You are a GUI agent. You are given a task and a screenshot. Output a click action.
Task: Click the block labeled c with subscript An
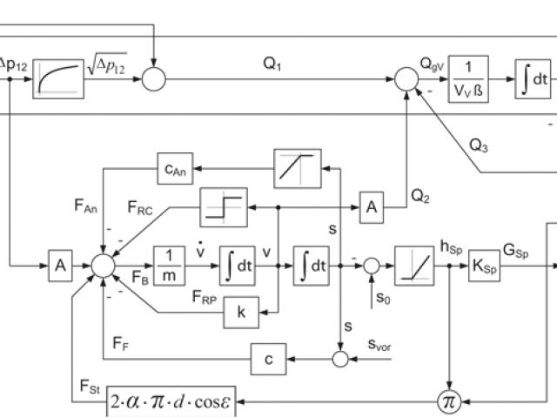[x=175, y=168]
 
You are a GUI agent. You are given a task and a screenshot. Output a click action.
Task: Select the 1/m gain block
[x=169, y=266]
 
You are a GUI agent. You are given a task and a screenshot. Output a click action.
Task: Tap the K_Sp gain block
[x=484, y=266]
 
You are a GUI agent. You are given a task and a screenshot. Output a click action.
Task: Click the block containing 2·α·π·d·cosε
[x=171, y=401]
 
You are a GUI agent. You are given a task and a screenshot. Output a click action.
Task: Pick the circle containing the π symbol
[x=449, y=402]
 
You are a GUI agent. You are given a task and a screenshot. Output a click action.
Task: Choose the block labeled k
[x=241, y=313]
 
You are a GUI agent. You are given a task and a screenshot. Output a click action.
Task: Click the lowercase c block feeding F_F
[x=269, y=359]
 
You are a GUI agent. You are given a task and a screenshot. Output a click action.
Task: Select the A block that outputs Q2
[x=372, y=207]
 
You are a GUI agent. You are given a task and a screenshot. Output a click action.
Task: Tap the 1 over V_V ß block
[x=468, y=79]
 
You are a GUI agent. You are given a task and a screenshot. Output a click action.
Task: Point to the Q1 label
[x=272, y=64]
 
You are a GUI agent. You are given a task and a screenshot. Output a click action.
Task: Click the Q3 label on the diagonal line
[x=479, y=145]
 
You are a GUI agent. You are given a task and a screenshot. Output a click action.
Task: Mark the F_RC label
[x=140, y=207]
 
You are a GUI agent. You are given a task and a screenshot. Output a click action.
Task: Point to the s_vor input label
[x=379, y=345]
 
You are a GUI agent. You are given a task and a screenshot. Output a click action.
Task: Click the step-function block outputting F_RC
[x=224, y=207]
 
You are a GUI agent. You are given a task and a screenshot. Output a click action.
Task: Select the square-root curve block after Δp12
[x=58, y=79]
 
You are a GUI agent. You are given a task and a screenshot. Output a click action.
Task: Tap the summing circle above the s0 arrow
[x=372, y=266]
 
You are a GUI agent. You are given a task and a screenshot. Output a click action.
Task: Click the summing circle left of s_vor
[x=340, y=359]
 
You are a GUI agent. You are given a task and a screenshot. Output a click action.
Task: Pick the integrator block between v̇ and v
[x=238, y=266]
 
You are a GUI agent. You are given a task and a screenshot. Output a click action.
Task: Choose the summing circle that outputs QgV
[x=406, y=79]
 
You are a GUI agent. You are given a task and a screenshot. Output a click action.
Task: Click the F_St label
[x=90, y=387]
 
